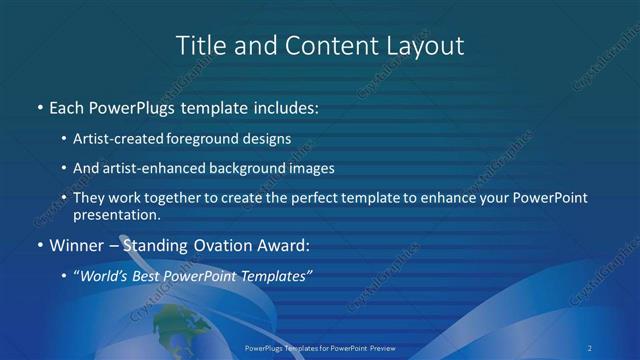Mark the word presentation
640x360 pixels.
(117, 214)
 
